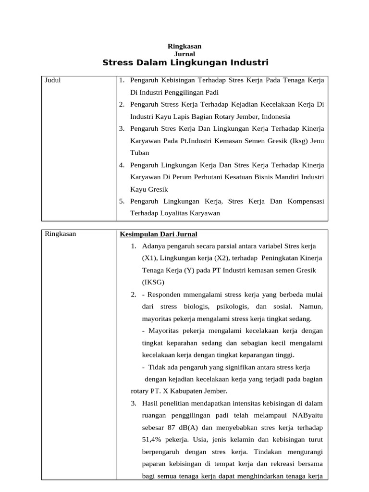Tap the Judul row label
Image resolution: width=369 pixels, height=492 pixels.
(52, 80)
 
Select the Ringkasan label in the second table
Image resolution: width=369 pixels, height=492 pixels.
(60, 234)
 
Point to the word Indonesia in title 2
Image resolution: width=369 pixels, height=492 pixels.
(275, 116)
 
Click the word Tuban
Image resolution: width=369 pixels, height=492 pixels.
(139, 153)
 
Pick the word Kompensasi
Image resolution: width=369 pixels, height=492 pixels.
(306, 201)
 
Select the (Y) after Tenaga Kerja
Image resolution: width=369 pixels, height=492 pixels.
(189, 270)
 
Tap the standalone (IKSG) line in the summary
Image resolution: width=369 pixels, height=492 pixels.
(153, 283)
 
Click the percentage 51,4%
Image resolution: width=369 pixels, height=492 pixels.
(153, 440)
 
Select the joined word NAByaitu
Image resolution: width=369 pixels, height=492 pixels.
(306, 416)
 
